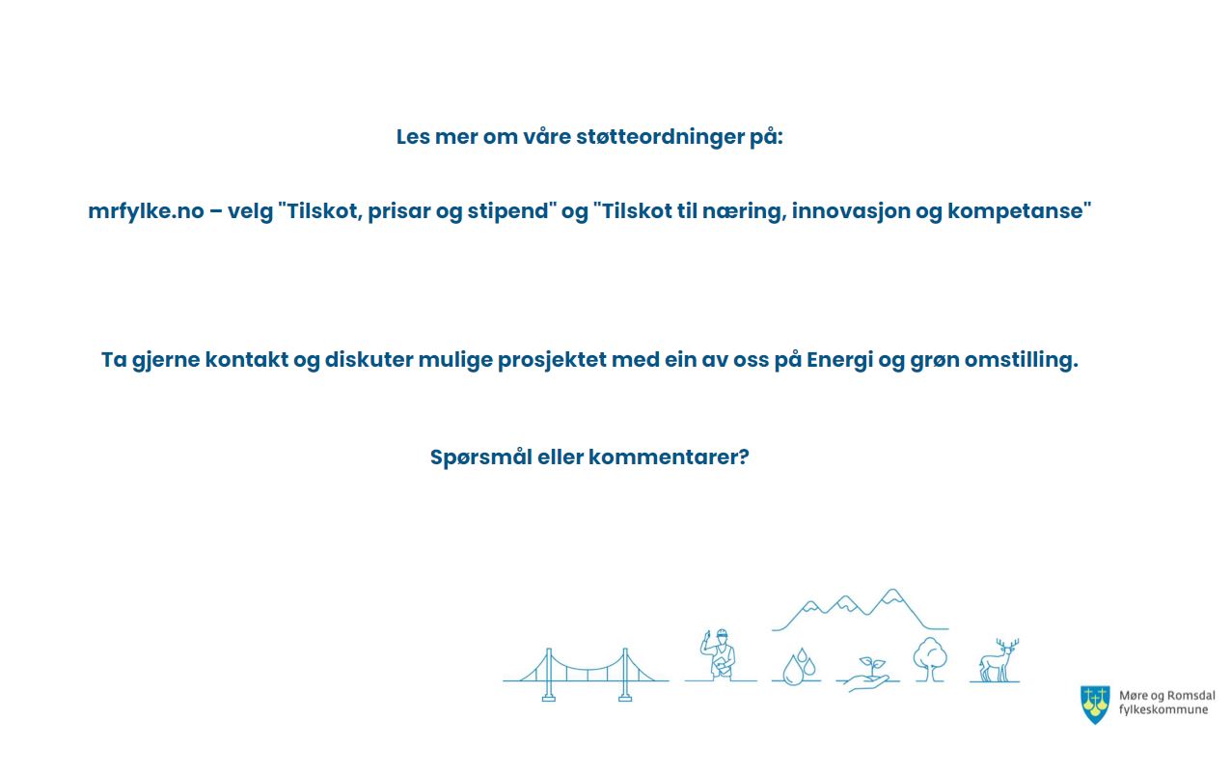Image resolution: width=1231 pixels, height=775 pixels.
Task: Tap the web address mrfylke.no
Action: point(147,211)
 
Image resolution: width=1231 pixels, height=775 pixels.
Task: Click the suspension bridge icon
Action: point(586,675)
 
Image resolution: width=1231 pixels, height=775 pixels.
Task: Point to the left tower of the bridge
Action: point(549,675)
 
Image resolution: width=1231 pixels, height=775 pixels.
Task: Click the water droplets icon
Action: point(799,667)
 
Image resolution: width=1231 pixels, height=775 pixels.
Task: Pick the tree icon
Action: point(930,659)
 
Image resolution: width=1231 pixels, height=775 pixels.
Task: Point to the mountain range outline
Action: point(860,610)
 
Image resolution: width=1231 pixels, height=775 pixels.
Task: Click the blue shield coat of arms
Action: point(1095,705)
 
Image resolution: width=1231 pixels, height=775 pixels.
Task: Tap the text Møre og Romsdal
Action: point(1166,696)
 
